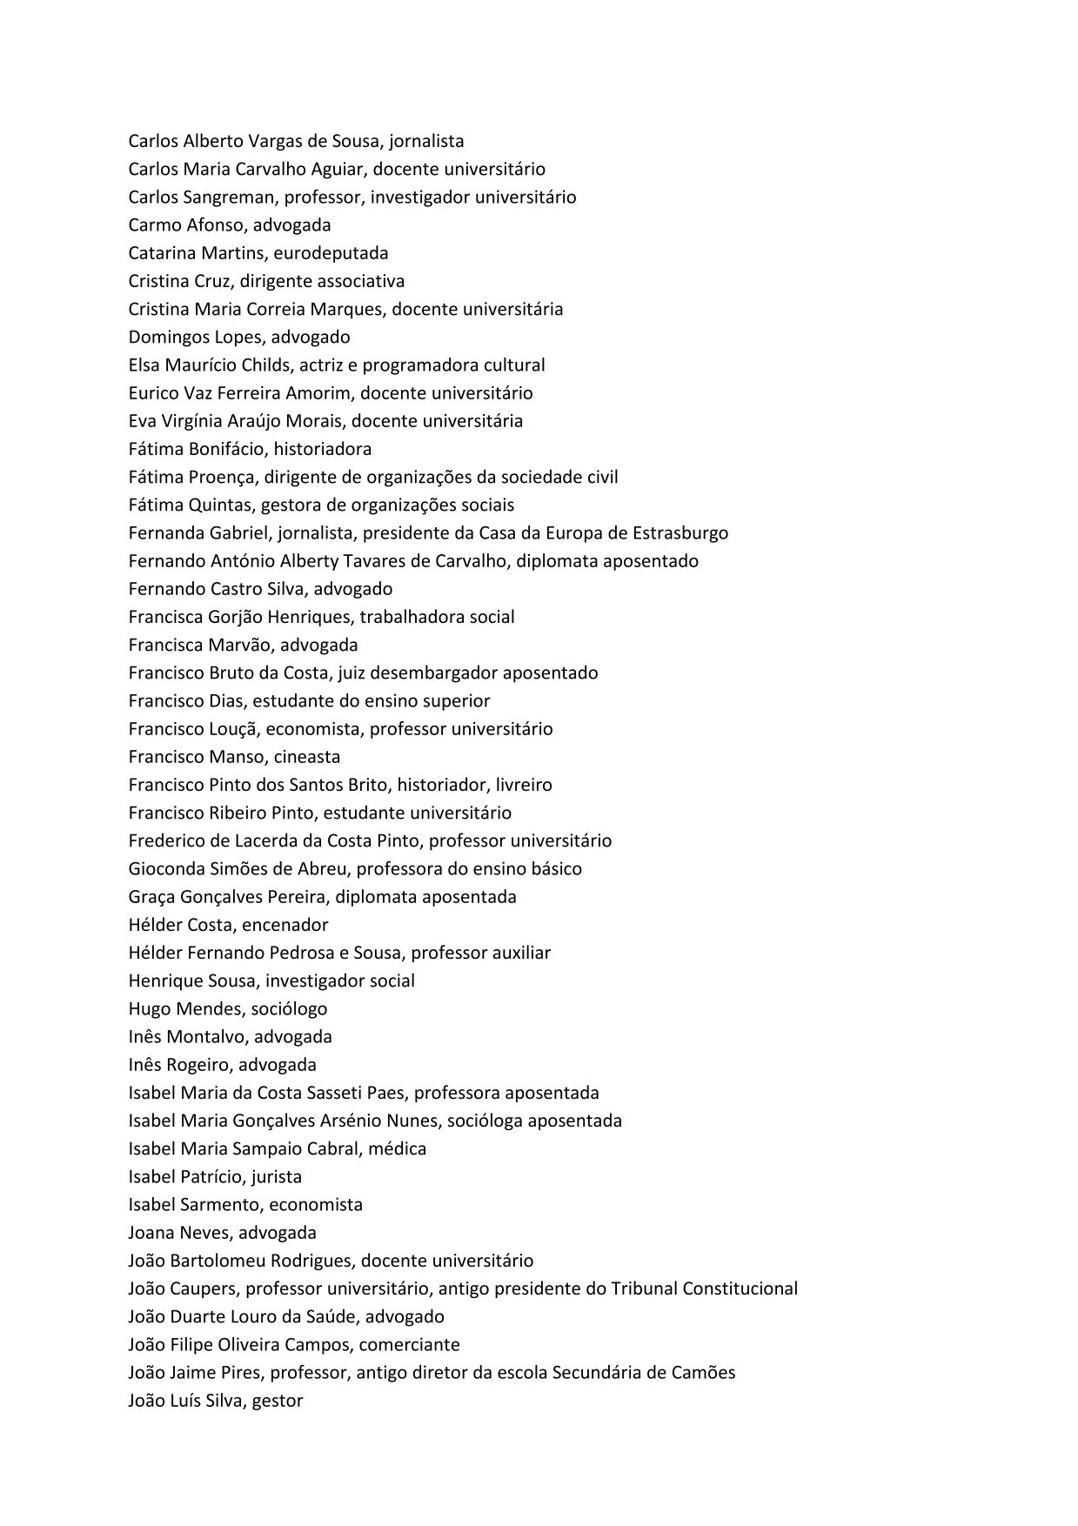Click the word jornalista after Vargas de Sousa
click(x=426, y=141)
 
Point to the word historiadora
click(x=323, y=449)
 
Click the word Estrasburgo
click(x=680, y=533)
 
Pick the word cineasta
click(x=307, y=757)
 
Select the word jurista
click(x=277, y=1177)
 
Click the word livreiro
click(x=524, y=785)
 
